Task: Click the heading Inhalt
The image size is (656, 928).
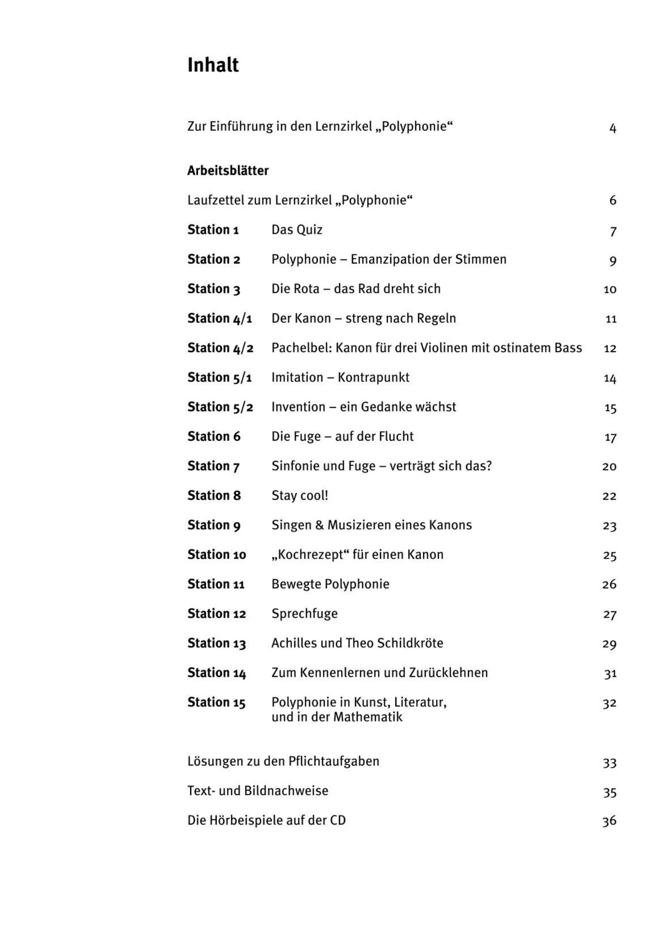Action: coord(213,65)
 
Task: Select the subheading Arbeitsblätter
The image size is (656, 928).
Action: coord(228,171)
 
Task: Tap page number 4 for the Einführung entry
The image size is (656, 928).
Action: coord(612,128)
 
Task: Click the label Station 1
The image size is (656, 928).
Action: coord(213,230)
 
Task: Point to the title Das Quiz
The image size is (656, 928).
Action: coord(297,230)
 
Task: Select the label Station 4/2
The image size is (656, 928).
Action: coord(220,348)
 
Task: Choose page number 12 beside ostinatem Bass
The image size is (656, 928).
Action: coord(610,348)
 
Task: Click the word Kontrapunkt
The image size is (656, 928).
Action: coord(373,378)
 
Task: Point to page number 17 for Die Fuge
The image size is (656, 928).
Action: coord(610,438)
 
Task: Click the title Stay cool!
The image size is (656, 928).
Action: coord(300,496)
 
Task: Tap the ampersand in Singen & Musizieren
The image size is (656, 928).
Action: coord(320,525)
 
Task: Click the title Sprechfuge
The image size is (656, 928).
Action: coord(304,614)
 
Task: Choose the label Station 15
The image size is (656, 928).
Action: coord(216,702)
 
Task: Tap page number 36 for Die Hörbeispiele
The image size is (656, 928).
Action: coord(609,821)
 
